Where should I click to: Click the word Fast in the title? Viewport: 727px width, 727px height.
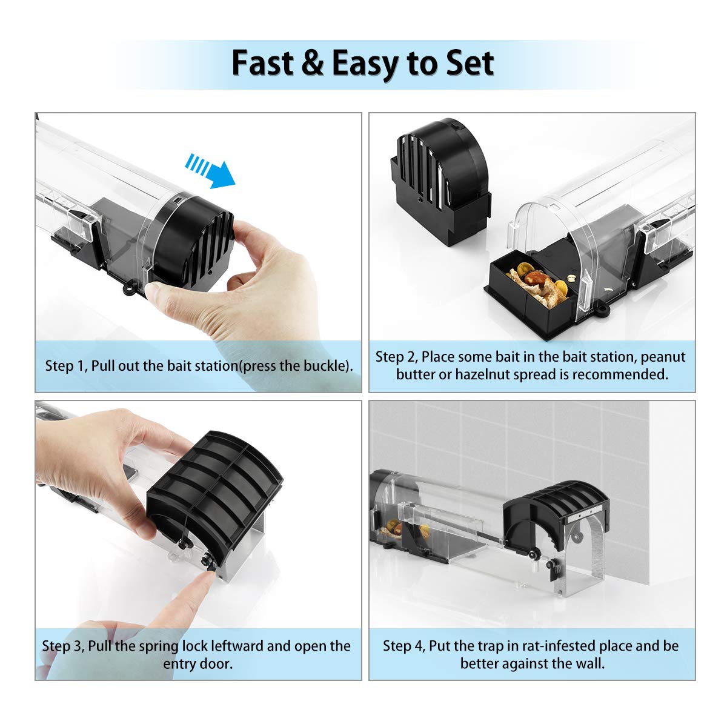262,63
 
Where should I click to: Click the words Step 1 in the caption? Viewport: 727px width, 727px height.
66,366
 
